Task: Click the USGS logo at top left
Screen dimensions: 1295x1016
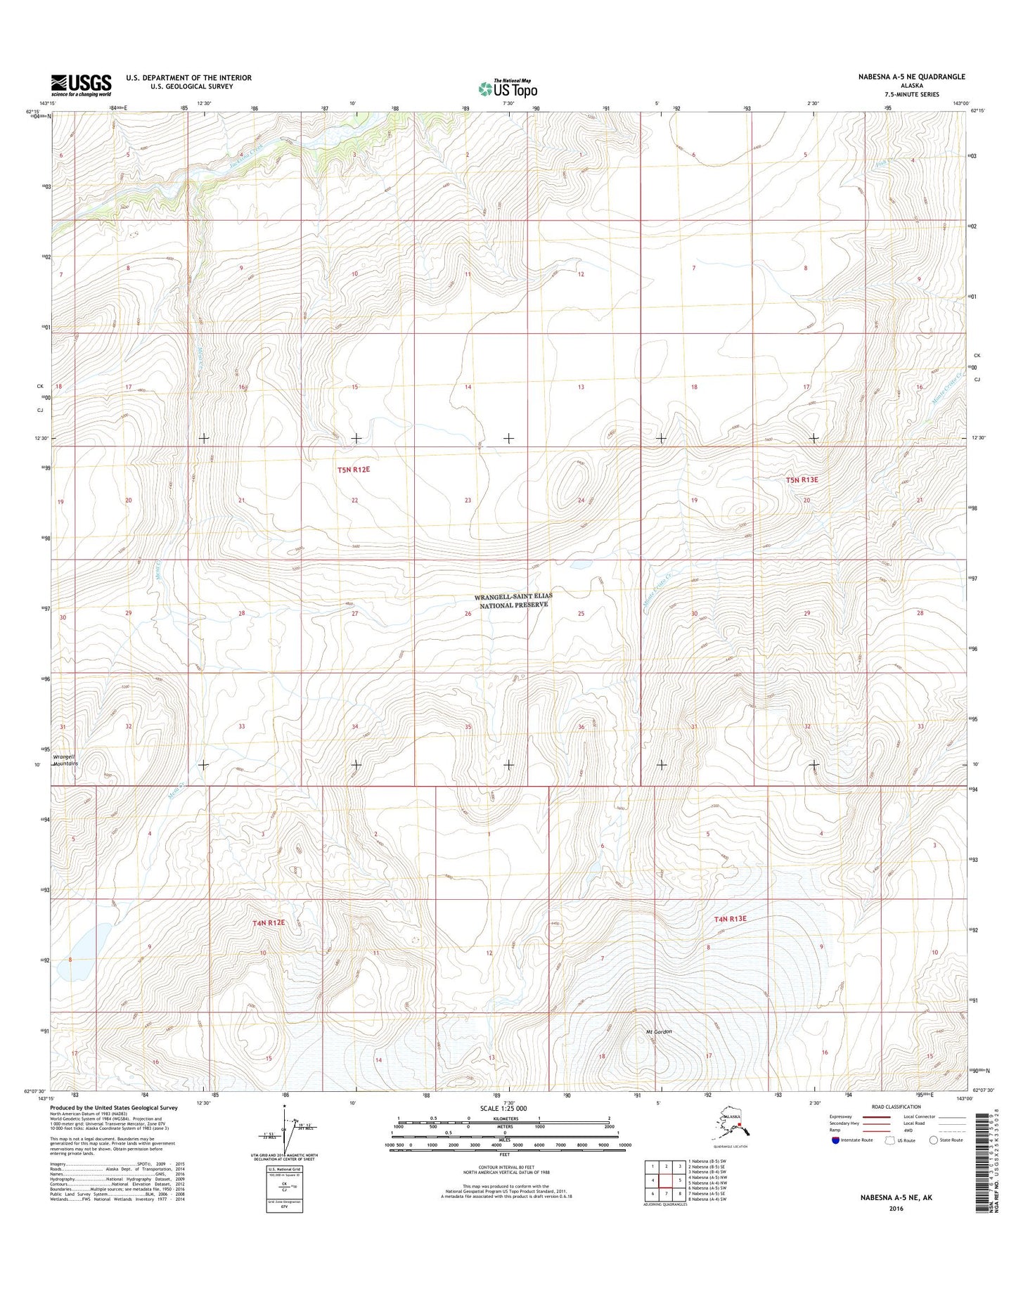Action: pos(81,84)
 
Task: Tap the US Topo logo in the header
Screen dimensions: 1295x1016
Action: pos(508,89)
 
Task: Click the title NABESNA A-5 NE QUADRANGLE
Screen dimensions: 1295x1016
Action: pos(911,77)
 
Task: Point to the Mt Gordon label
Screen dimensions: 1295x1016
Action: pos(659,1032)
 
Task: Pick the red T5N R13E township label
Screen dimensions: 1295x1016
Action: pos(802,479)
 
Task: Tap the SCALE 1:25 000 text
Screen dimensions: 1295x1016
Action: pos(503,1109)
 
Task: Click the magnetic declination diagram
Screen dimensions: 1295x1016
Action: pos(288,1132)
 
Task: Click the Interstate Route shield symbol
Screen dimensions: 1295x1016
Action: pos(835,1140)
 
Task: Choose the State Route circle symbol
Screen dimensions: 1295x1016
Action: pos(934,1140)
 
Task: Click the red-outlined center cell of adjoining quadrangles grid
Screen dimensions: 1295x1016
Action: pos(666,1180)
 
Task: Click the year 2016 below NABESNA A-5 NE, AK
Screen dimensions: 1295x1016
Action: pos(896,1209)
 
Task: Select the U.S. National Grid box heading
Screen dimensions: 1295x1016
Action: pos(284,1168)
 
